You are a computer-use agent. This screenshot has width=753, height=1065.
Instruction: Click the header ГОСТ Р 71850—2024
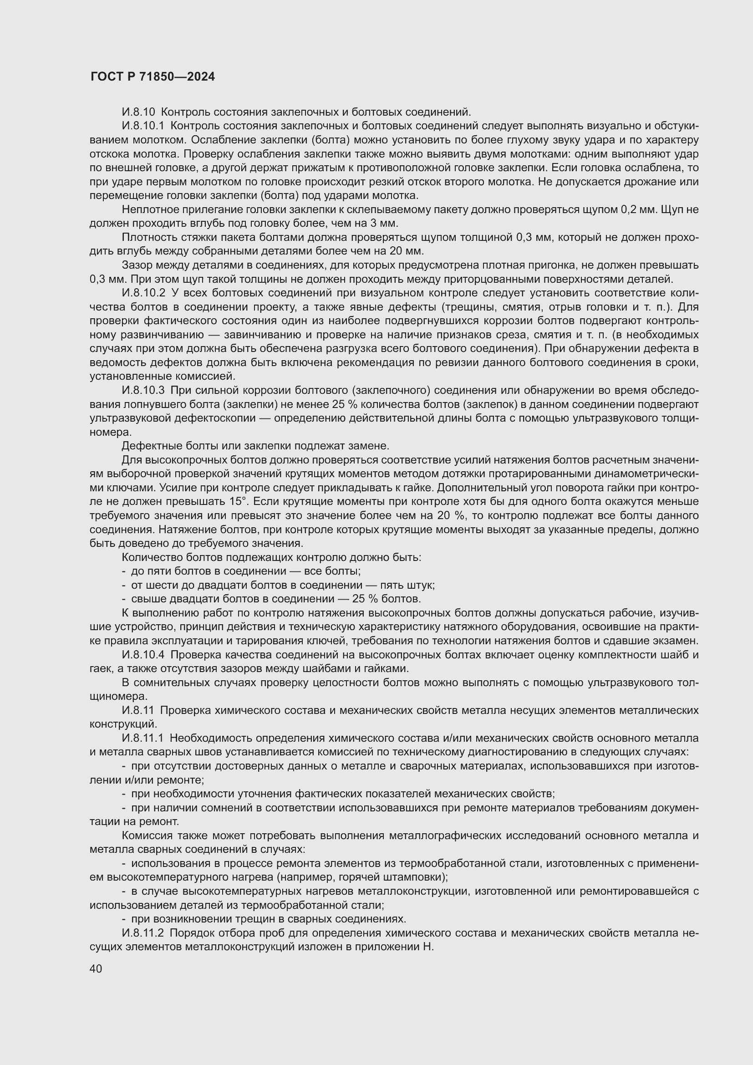point(153,77)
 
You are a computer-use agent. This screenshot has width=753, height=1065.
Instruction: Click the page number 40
point(96,968)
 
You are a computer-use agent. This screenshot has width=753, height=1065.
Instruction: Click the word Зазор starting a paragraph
point(136,265)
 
